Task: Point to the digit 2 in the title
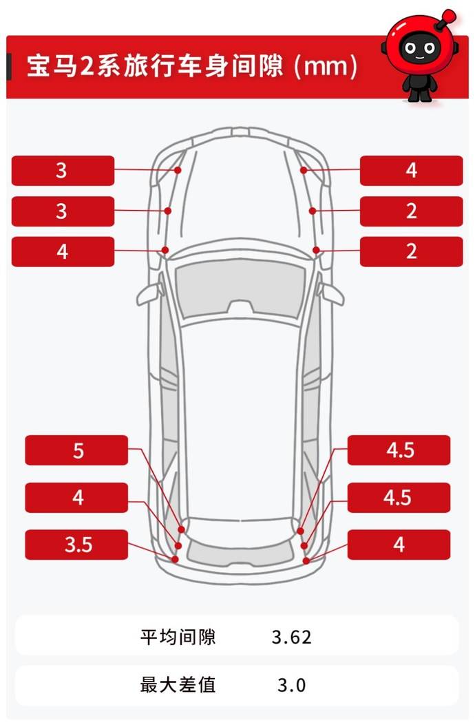pyautogui.click(x=86, y=66)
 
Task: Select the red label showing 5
pyautogui.click(x=76, y=450)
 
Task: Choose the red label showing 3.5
pyautogui.click(x=76, y=545)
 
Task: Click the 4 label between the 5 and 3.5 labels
pyautogui.click(x=76, y=498)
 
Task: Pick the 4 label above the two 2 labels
pyautogui.click(x=411, y=171)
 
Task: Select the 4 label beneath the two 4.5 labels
pyautogui.click(x=399, y=545)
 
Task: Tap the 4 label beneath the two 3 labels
pyautogui.click(x=63, y=252)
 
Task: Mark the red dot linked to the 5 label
pyautogui.click(x=181, y=529)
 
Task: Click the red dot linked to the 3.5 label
pyautogui.click(x=175, y=559)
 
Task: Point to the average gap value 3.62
pyautogui.click(x=291, y=637)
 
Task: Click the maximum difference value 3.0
pyautogui.click(x=291, y=685)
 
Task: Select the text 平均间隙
pyautogui.click(x=178, y=637)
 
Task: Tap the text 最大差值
pyautogui.click(x=178, y=684)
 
